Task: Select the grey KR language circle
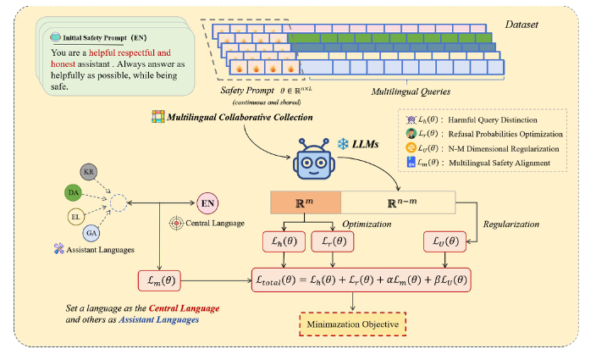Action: pos(88,172)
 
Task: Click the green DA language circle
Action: pos(73,194)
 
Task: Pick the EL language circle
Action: pos(76,218)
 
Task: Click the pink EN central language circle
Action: pos(207,203)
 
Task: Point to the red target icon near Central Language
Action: pos(176,224)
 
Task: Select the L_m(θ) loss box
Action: pos(162,280)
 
